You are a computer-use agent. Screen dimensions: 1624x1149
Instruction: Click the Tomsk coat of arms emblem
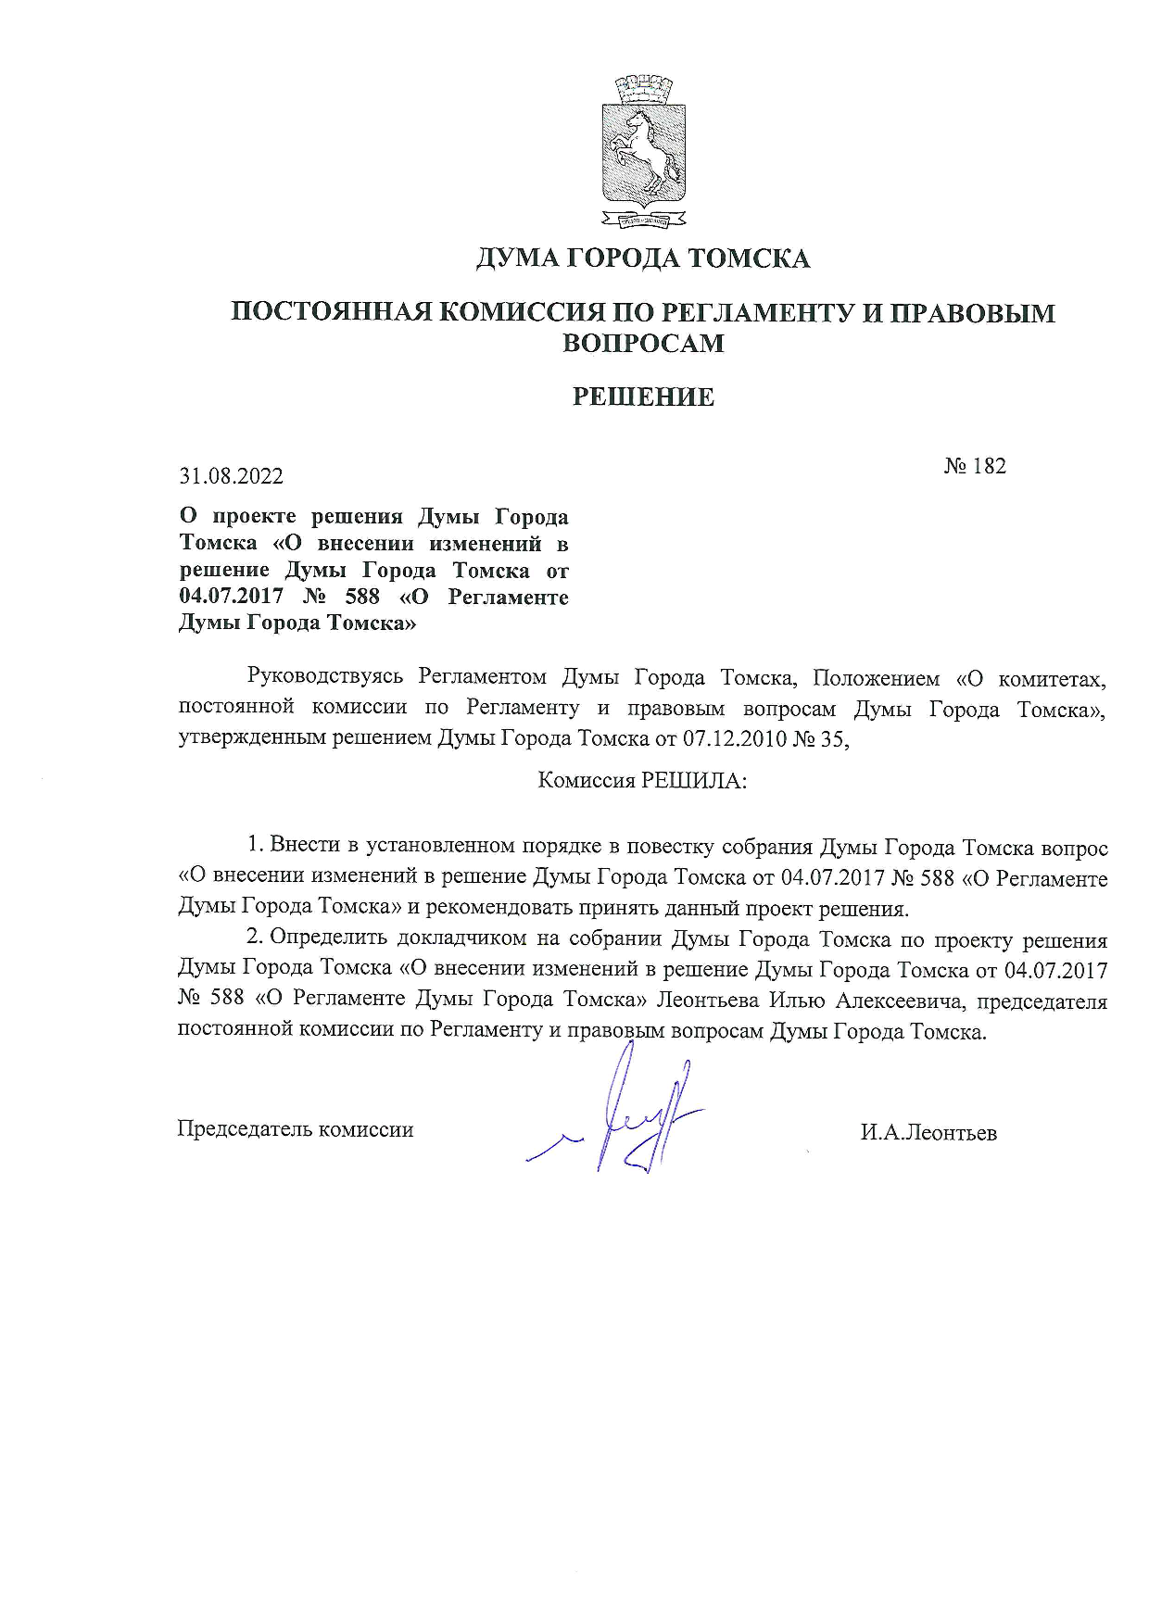pyautogui.click(x=644, y=153)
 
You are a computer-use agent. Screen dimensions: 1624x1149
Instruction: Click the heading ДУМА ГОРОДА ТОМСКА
pyautogui.click(x=643, y=258)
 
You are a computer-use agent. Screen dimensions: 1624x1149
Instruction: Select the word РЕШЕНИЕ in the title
pyautogui.click(x=643, y=397)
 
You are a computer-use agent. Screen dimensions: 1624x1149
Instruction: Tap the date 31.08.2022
pyautogui.click(x=232, y=476)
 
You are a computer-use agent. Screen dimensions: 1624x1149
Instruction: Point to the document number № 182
pyautogui.click(x=975, y=466)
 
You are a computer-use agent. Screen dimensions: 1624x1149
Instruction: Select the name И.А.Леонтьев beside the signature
pyautogui.click(x=928, y=1133)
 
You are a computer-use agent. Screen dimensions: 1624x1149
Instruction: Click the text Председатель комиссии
pyautogui.click(x=295, y=1129)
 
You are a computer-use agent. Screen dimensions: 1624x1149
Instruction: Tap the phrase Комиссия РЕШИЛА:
pyautogui.click(x=642, y=780)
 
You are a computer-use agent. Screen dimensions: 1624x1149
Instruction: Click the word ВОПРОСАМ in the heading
pyautogui.click(x=643, y=344)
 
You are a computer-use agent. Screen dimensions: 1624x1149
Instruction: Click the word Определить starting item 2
pyautogui.click(x=328, y=938)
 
